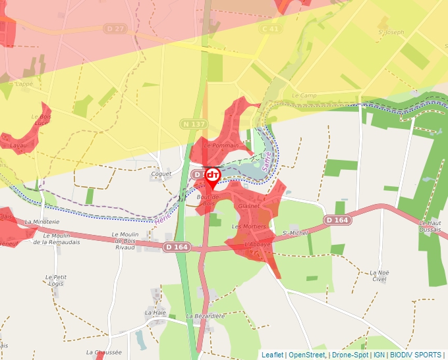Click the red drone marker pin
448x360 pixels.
coord(213,176)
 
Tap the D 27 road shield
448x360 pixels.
coord(115,29)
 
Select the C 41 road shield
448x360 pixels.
coord(270,29)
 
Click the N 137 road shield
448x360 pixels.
coord(194,124)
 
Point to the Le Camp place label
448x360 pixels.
coord(304,95)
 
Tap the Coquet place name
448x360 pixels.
coord(161,174)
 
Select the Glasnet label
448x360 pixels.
coord(249,206)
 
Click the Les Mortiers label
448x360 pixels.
coord(248,226)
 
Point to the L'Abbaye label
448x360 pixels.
coord(258,244)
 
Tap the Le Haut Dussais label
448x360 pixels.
coord(433,226)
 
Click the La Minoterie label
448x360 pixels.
coord(42,222)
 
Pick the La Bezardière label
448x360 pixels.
coord(206,316)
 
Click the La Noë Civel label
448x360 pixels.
coord(378,276)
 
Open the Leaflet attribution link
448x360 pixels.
coord(272,355)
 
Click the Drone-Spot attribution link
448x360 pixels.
coord(350,355)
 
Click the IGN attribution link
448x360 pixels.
coord(379,355)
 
